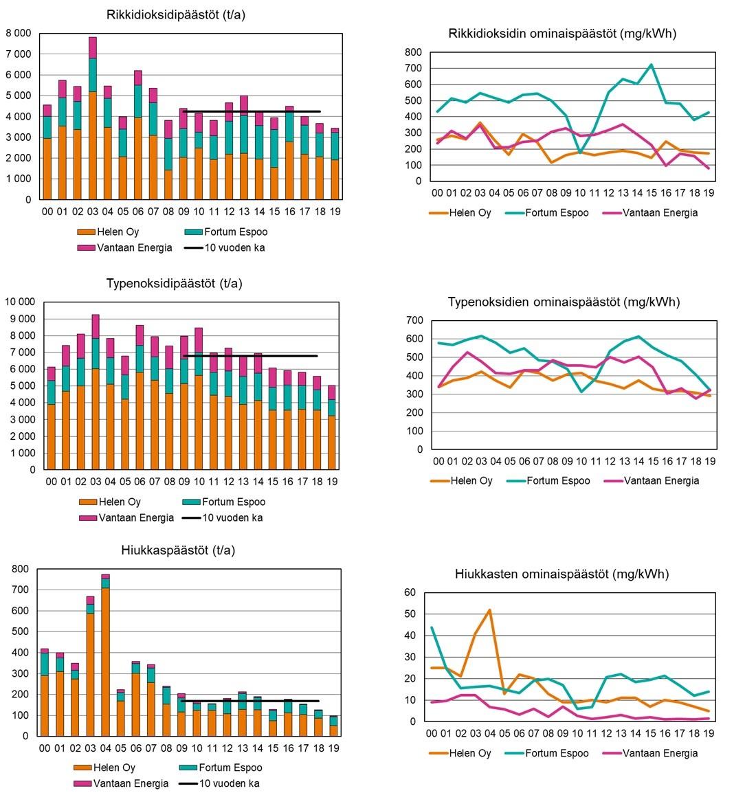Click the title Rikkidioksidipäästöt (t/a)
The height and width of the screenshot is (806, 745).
[175, 14]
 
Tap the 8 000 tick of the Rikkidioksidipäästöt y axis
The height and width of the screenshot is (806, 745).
[19, 33]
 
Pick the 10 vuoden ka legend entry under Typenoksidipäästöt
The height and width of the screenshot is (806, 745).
[223, 517]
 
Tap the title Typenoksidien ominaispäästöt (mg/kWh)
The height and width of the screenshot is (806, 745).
[564, 302]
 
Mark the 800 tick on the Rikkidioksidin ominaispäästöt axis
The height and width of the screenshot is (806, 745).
[412, 52]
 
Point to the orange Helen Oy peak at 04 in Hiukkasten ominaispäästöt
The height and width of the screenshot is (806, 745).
[489, 610]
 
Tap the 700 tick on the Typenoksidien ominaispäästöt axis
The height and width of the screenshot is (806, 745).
[414, 320]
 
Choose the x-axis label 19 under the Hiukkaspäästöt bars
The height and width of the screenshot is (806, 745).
[334, 748]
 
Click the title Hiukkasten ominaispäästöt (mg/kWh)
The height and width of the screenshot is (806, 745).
[561, 574]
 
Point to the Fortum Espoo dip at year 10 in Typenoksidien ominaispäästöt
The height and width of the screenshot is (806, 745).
[581, 392]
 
